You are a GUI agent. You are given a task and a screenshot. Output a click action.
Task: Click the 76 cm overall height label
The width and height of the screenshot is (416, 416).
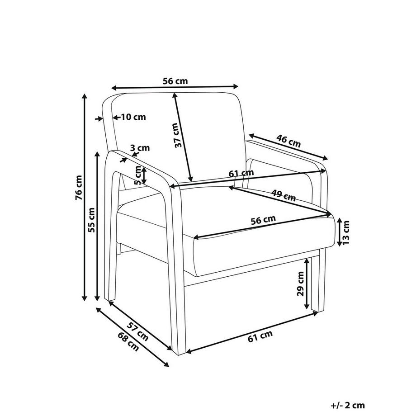(79, 188)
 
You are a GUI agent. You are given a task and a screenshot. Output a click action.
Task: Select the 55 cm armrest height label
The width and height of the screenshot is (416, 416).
(91, 220)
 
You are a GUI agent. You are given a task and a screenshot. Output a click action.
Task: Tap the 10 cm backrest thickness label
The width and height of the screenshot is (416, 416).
(133, 117)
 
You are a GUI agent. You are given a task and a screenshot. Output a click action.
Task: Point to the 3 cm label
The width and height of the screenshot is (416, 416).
(140, 148)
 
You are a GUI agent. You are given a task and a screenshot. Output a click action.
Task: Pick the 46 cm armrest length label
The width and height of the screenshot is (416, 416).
(288, 141)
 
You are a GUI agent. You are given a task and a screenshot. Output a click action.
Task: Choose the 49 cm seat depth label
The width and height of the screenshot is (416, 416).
(284, 195)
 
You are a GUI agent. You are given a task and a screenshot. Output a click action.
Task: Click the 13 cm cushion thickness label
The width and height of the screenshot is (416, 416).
(346, 232)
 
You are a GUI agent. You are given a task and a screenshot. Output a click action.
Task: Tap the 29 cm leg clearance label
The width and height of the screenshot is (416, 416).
(301, 284)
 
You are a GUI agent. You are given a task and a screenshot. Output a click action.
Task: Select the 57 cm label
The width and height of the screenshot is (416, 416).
(137, 331)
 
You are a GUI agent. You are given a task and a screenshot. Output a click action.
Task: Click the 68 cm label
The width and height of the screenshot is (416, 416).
(128, 342)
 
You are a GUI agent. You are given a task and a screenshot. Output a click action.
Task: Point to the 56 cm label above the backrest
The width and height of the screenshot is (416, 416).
(175, 81)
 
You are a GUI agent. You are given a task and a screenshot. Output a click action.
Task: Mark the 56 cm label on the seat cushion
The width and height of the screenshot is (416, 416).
(264, 220)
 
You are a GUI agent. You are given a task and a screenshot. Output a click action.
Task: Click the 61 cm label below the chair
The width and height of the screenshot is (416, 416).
(260, 336)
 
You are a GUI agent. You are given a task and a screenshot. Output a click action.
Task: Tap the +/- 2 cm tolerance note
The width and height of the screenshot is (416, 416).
(348, 406)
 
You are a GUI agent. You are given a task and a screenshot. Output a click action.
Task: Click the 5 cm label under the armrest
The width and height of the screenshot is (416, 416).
(138, 175)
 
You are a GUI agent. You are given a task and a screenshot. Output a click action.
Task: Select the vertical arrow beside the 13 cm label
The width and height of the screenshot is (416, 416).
(340, 232)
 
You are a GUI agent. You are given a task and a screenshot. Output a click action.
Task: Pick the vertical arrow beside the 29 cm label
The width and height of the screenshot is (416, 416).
(307, 284)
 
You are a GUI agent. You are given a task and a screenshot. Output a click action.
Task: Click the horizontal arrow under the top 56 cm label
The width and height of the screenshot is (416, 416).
(175, 87)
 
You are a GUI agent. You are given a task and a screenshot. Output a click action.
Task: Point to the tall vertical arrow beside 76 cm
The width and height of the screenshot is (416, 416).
(85, 197)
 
